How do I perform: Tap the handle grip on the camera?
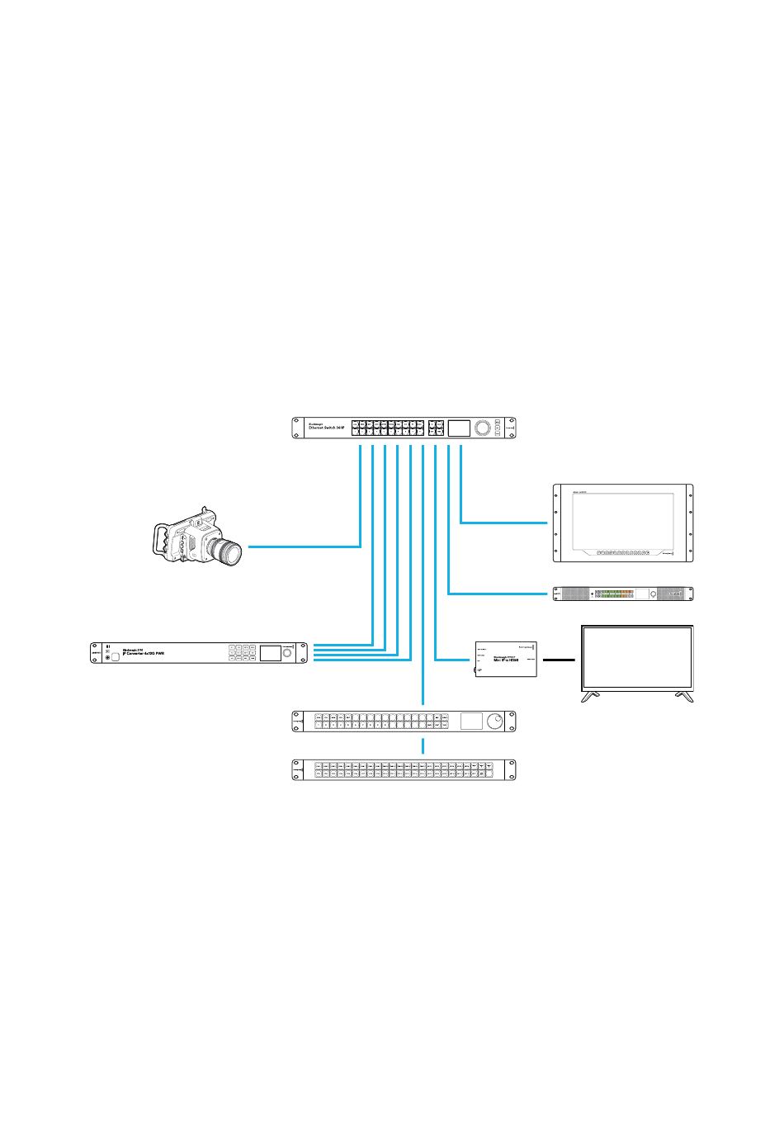point(160,540)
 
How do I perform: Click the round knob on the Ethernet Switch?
point(483,428)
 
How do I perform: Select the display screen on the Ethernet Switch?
point(459,428)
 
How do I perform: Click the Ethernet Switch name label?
point(321,428)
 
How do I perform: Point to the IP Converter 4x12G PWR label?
point(144,652)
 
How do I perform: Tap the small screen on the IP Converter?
point(270,653)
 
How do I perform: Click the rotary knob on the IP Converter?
point(288,653)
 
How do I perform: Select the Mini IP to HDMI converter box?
point(505,659)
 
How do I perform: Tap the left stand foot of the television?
point(592,697)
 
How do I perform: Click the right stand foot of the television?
point(684,697)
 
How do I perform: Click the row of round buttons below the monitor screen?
point(622,553)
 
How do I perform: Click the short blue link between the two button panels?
point(423,746)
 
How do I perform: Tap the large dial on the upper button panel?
point(494,721)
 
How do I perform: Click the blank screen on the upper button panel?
point(470,721)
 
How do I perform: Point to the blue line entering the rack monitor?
point(503,523)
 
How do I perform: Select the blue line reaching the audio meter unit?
point(499,594)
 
